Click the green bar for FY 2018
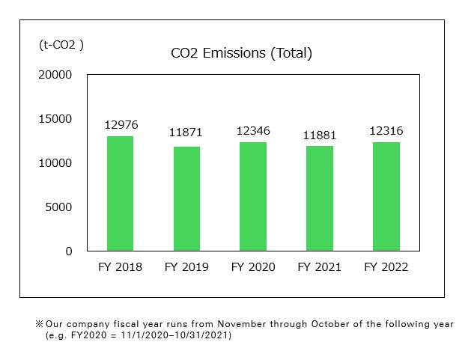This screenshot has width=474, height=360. tap(120, 193)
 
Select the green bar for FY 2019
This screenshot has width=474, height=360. tap(186, 198)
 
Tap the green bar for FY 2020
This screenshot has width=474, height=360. tap(253, 196)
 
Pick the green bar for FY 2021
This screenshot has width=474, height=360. tap(320, 198)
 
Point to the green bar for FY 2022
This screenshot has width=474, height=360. tap(386, 196)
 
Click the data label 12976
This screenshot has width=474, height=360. tap(121, 125)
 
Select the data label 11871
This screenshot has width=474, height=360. tap(186, 133)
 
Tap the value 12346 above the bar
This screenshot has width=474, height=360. tap(253, 131)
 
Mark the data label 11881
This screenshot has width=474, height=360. tap(320, 135)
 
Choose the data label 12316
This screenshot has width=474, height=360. tap(386, 131)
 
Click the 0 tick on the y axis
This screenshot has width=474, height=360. tap(69, 251)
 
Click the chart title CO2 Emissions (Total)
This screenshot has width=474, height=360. tap(241, 53)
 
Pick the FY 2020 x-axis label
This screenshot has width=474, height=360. tap(253, 267)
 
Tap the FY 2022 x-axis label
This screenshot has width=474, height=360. tap(386, 267)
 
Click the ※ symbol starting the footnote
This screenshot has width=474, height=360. tap(40, 325)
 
